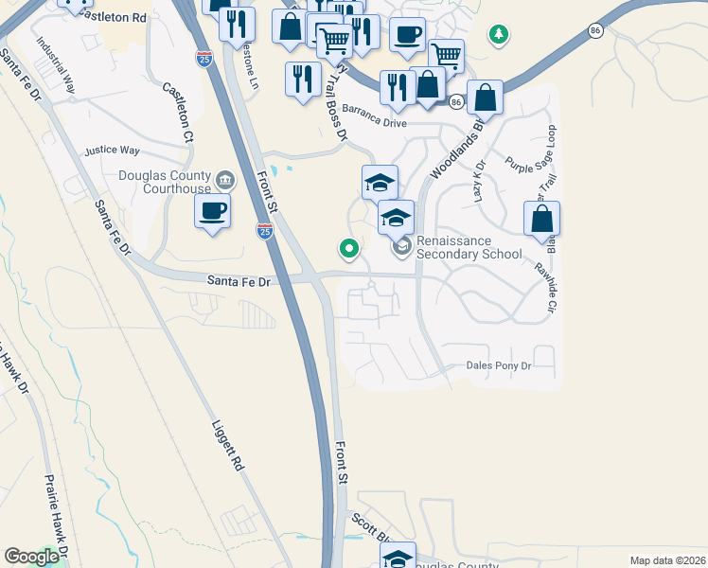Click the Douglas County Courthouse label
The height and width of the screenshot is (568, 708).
165,182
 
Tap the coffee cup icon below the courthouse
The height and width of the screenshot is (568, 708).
213,211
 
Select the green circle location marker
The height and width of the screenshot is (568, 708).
349,249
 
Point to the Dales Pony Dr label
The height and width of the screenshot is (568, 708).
499,365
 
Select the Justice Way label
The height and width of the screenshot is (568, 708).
112,151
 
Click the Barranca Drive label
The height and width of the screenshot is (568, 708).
374,123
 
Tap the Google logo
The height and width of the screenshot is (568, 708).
31,557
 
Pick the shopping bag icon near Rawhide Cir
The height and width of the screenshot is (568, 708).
541,219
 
